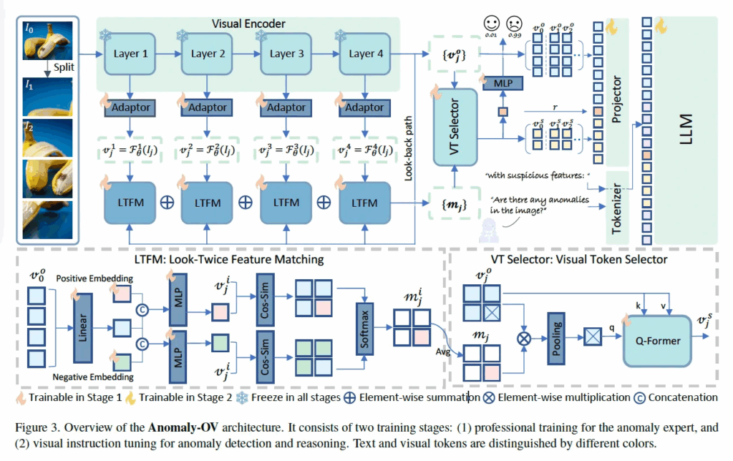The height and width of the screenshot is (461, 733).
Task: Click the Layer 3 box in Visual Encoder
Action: point(282,54)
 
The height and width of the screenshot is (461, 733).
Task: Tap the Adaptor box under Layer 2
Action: point(207,107)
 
